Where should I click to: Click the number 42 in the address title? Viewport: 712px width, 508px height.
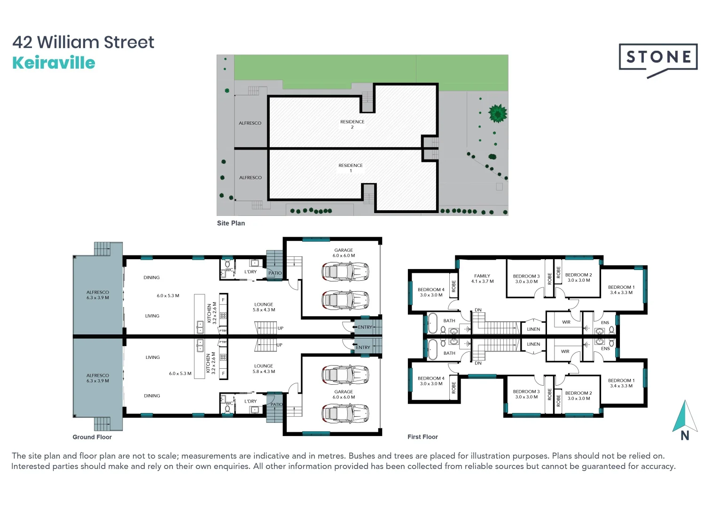[22, 42]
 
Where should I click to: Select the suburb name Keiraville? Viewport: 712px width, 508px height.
[54, 63]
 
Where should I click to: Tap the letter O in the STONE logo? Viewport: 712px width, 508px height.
[658, 57]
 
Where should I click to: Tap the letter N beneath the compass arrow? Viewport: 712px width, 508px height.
[685, 436]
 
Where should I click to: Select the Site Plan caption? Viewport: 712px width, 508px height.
[231, 223]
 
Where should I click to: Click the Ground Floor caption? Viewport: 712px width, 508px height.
[92, 437]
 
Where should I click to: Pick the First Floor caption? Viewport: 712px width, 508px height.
[423, 437]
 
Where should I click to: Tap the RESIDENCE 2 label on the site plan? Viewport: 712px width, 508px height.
[352, 124]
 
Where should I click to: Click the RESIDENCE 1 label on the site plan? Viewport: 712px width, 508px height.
[351, 168]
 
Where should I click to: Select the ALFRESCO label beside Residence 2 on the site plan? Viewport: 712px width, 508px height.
[250, 123]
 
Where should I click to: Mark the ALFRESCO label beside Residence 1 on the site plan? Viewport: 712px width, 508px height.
[250, 178]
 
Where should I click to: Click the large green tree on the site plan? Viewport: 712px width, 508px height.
[498, 113]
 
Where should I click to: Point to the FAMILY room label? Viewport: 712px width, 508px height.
[482, 276]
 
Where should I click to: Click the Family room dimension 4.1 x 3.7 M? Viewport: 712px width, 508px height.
[482, 282]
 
